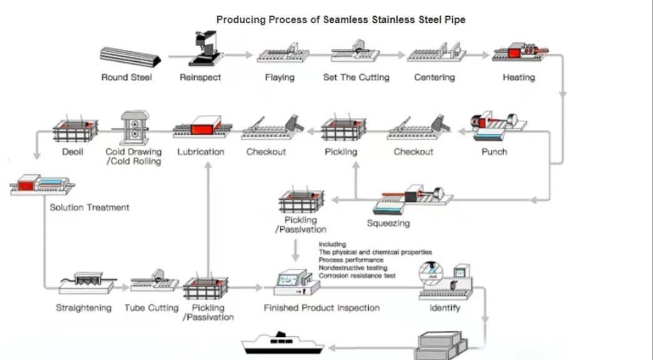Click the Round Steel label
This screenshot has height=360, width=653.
tap(127, 77)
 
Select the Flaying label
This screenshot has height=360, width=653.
tap(279, 77)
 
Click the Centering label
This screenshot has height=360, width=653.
tap(435, 77)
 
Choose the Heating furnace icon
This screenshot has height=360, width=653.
tap(519, 53)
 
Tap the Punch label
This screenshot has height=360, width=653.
tap(494, 152)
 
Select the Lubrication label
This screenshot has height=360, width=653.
tap(201, 152)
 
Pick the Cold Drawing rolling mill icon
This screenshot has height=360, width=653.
tap(133, 129)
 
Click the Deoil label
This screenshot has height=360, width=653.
tap(73, 152)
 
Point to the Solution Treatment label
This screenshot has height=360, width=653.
tap(89, 207)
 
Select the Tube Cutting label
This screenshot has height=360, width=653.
tap(151, 308)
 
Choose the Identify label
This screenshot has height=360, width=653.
tap(445, 308)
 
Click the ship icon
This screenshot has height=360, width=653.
tap(285, 346)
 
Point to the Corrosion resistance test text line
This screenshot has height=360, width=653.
tap(356, 275)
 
